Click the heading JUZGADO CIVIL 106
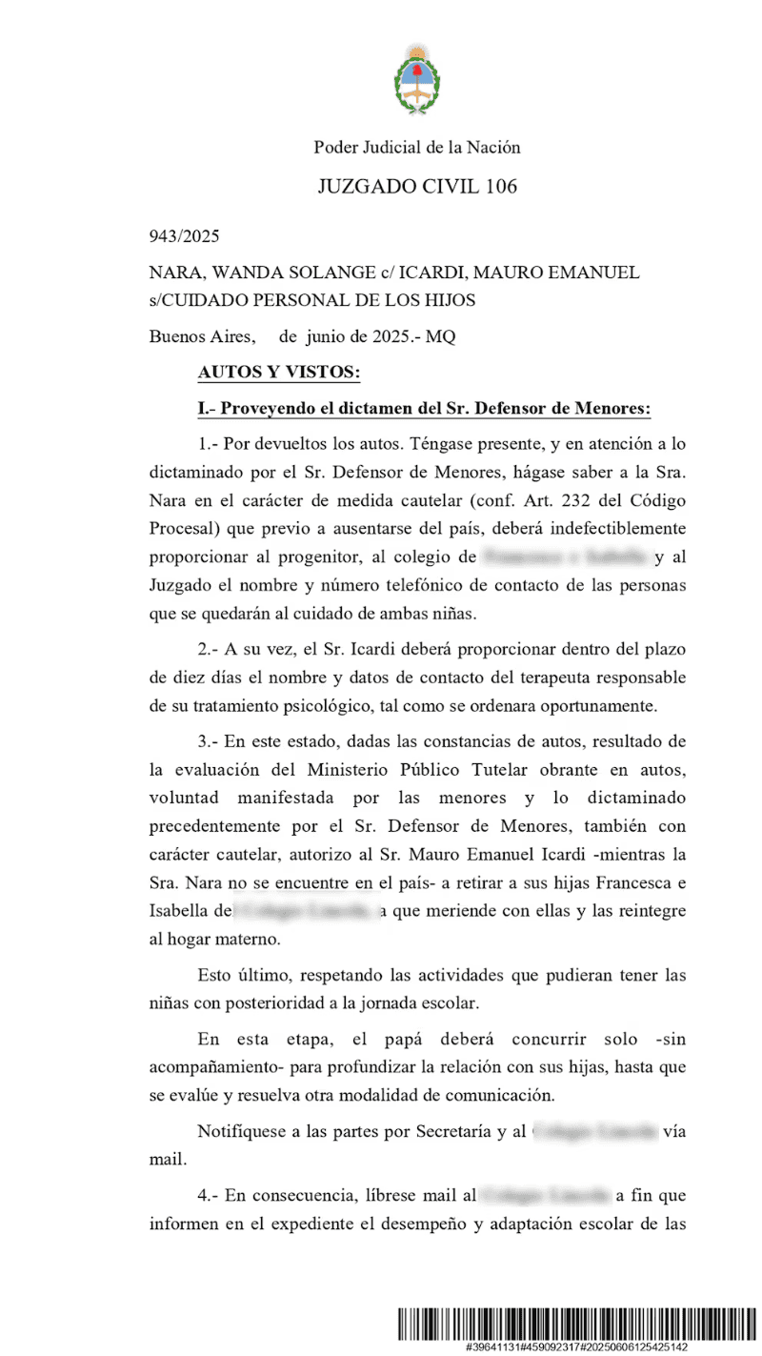[417, 186]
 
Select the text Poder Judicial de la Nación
[417, 147]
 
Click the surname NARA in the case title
[172, 273]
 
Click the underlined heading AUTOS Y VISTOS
[265, 373]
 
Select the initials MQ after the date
[441, 335]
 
